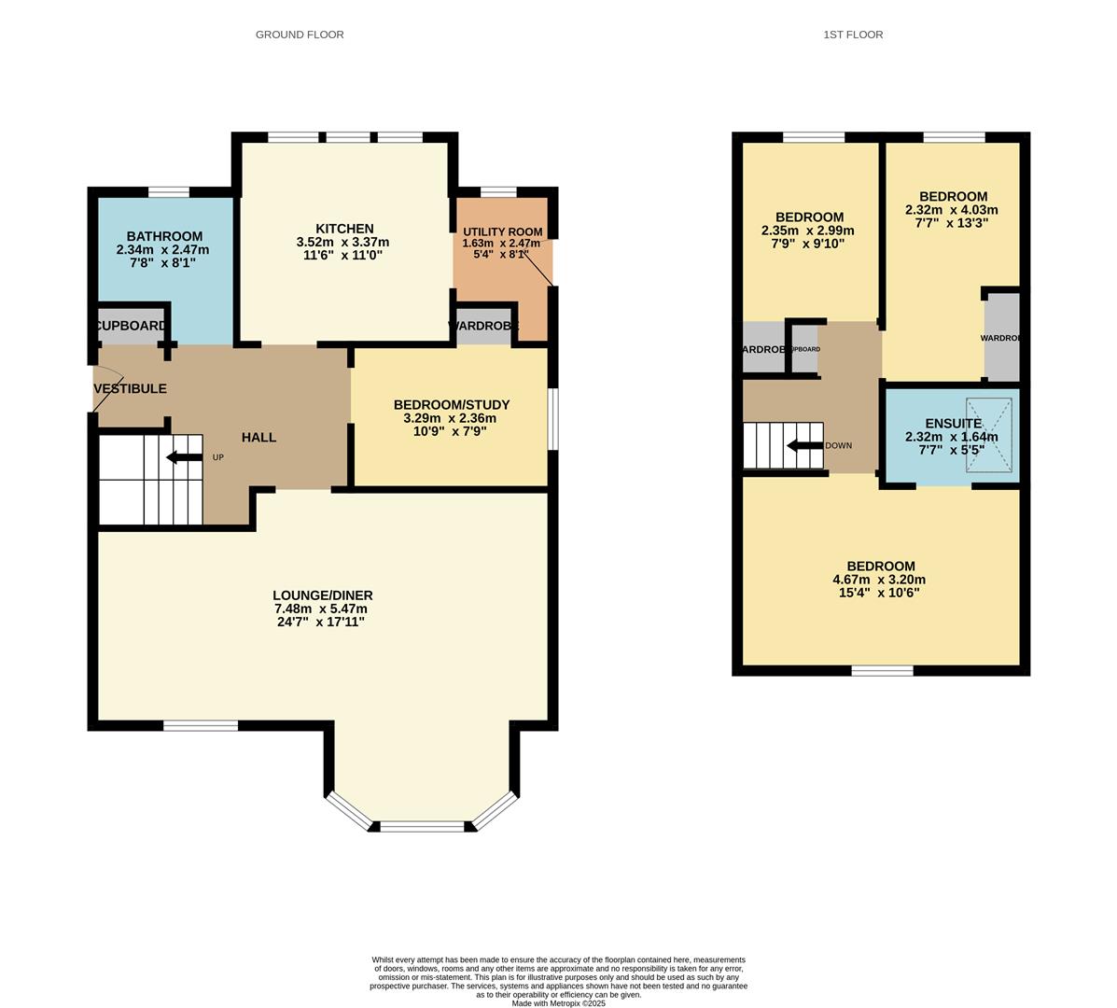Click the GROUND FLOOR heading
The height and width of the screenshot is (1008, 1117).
click(300, 35)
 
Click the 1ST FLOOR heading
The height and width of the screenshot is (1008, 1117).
click(852, 35)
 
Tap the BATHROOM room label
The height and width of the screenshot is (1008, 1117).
click(164, 236)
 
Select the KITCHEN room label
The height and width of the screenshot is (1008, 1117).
click(344, 229)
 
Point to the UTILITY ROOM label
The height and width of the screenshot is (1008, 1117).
click(502, 231)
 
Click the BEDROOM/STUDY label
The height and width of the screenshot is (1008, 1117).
click(452, 404)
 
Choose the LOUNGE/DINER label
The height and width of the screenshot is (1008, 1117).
click(323, 595)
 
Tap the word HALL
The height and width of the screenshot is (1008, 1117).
click(258, 437)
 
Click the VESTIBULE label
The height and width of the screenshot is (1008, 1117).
click(130, 388)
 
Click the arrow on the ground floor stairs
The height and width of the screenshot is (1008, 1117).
click(184, 457)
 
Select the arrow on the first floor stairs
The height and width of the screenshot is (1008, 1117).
click(804, 445)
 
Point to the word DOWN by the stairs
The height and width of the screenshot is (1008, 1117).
click(838, 446)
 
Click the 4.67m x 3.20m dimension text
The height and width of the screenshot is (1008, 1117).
click(879, 579)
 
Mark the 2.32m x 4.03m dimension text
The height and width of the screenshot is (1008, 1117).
click(951, 210)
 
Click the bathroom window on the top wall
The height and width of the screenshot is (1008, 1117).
click(169, 192)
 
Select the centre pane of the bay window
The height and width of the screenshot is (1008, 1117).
click(422, 826)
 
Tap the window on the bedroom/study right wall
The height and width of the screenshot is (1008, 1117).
click(552, 418)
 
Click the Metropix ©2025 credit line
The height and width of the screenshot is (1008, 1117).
click(558, 1003)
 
